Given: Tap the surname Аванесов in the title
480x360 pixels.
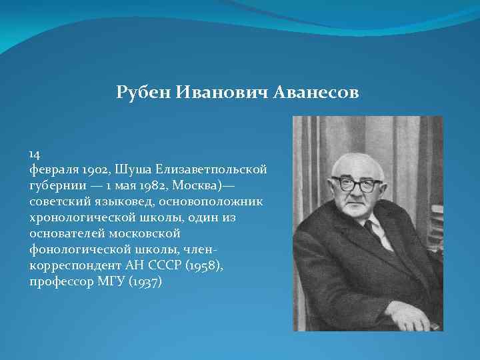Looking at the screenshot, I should tap(315, 93).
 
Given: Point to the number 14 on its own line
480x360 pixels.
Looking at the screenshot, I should tap(36, 154).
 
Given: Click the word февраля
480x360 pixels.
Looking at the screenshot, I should tap(53, 170).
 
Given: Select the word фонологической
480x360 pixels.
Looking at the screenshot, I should tap(78, 250).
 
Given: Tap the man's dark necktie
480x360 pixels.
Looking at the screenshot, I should tap(369, 230).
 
